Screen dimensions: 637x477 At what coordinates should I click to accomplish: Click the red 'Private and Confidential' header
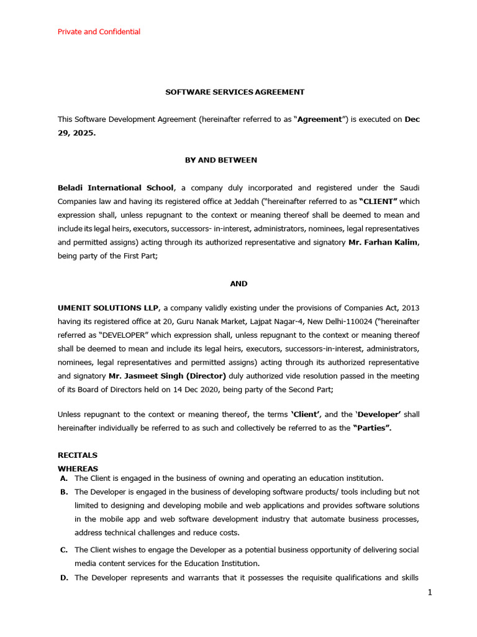pyautogui.click(x=99, y=32)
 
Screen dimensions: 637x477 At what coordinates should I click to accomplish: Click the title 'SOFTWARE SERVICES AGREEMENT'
pyautogui.click(x=235, y=92)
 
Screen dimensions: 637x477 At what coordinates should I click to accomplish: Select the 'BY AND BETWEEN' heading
pyautogui.click(x=220, y=160)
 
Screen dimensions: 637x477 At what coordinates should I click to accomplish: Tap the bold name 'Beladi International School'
pyautogui.click(x=116, y=188)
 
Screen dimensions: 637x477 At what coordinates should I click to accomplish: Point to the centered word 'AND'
pyautogui.click(x=238, y=283)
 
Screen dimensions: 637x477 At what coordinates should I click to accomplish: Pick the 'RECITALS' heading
pyautogui.click(x=78, y=455)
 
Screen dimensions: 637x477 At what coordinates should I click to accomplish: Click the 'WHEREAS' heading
pyautogui.click(x=78, y=468)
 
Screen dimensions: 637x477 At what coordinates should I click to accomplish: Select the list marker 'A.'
pyautogui.click(x=64, y=478)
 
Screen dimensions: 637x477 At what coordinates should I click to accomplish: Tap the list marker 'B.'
pyautogui.click(x=64, y=492)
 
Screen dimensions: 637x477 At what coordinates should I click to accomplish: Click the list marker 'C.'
pyautogui.click(x=64, y=550)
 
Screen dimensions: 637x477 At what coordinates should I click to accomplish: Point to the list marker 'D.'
pyautogui.click(x=64, y=578)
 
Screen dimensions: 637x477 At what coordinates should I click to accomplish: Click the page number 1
pyautogui.click(x=429, y=593)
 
